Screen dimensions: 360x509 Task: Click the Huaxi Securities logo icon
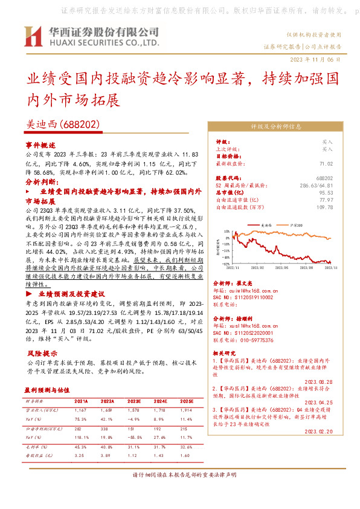(x=32, y=36)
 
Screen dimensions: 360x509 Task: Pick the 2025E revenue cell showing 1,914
(x=187, y=410)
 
